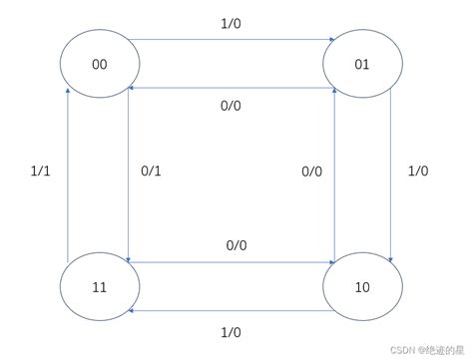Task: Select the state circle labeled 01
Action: coord(361,65)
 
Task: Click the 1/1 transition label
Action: coord(41,172)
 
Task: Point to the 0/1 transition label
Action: coord(151,172)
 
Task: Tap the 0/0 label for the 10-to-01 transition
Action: coord(312,172)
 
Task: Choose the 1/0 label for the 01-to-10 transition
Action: coord(418,172)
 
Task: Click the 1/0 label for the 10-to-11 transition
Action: coord(231,329)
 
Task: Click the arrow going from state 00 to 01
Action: coord(231,41)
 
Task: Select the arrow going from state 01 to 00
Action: coord(231,88)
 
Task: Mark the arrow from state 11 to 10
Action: coord(231,263)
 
